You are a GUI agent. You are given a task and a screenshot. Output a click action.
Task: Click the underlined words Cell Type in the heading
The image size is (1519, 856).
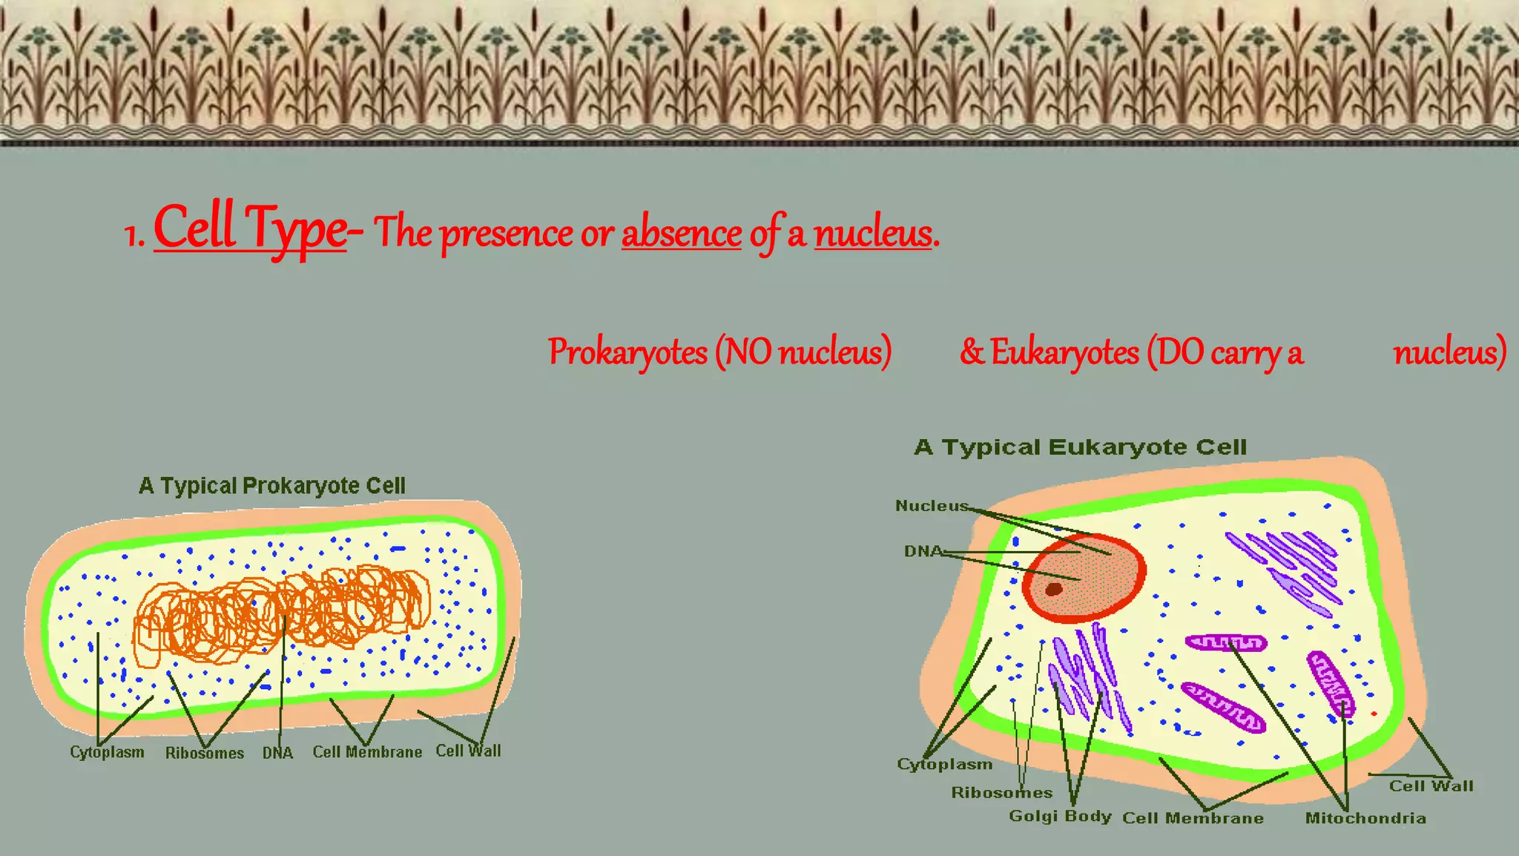[x=250, y=228]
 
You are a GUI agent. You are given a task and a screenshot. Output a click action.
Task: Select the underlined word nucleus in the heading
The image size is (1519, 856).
[x=872, y=234]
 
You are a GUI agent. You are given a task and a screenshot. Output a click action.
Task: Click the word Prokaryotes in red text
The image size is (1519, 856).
[x=627, y=352]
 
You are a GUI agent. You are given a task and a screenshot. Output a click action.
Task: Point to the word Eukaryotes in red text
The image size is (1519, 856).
[x=1064, y=352]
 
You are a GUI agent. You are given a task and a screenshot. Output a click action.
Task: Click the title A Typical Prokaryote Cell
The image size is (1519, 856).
[x=271, y=486]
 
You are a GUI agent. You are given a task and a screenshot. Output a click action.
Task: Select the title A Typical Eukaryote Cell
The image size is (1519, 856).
[x=1080, y=447]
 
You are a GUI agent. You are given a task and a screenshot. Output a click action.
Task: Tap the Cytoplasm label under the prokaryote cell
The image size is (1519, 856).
[x=107, y=752]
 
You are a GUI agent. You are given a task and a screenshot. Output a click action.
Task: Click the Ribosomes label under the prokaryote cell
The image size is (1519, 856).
[x=204, y=754]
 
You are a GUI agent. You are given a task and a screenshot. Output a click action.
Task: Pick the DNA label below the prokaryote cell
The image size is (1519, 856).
[x=277, y=754]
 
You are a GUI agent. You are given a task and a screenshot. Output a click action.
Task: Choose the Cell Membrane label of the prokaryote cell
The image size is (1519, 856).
[x=367, y=752]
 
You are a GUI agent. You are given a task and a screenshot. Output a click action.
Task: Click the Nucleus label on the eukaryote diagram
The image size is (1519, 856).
[x=932, y=506]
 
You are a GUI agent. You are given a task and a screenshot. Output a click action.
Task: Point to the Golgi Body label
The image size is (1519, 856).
[x=1060, y=816]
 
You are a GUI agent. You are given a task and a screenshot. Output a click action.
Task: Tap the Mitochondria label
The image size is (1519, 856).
[x=1365, y=818]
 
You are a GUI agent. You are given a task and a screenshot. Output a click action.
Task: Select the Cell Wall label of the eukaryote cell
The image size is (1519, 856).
[x=1431, y=786]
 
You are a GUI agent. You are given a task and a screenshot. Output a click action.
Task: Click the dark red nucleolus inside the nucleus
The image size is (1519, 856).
[x=1053, y=590]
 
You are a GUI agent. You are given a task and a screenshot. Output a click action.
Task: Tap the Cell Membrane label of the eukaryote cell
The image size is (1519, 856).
[x=1193, y=818]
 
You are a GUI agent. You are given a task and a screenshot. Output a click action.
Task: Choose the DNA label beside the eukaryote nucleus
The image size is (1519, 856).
[x=923, y=551]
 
